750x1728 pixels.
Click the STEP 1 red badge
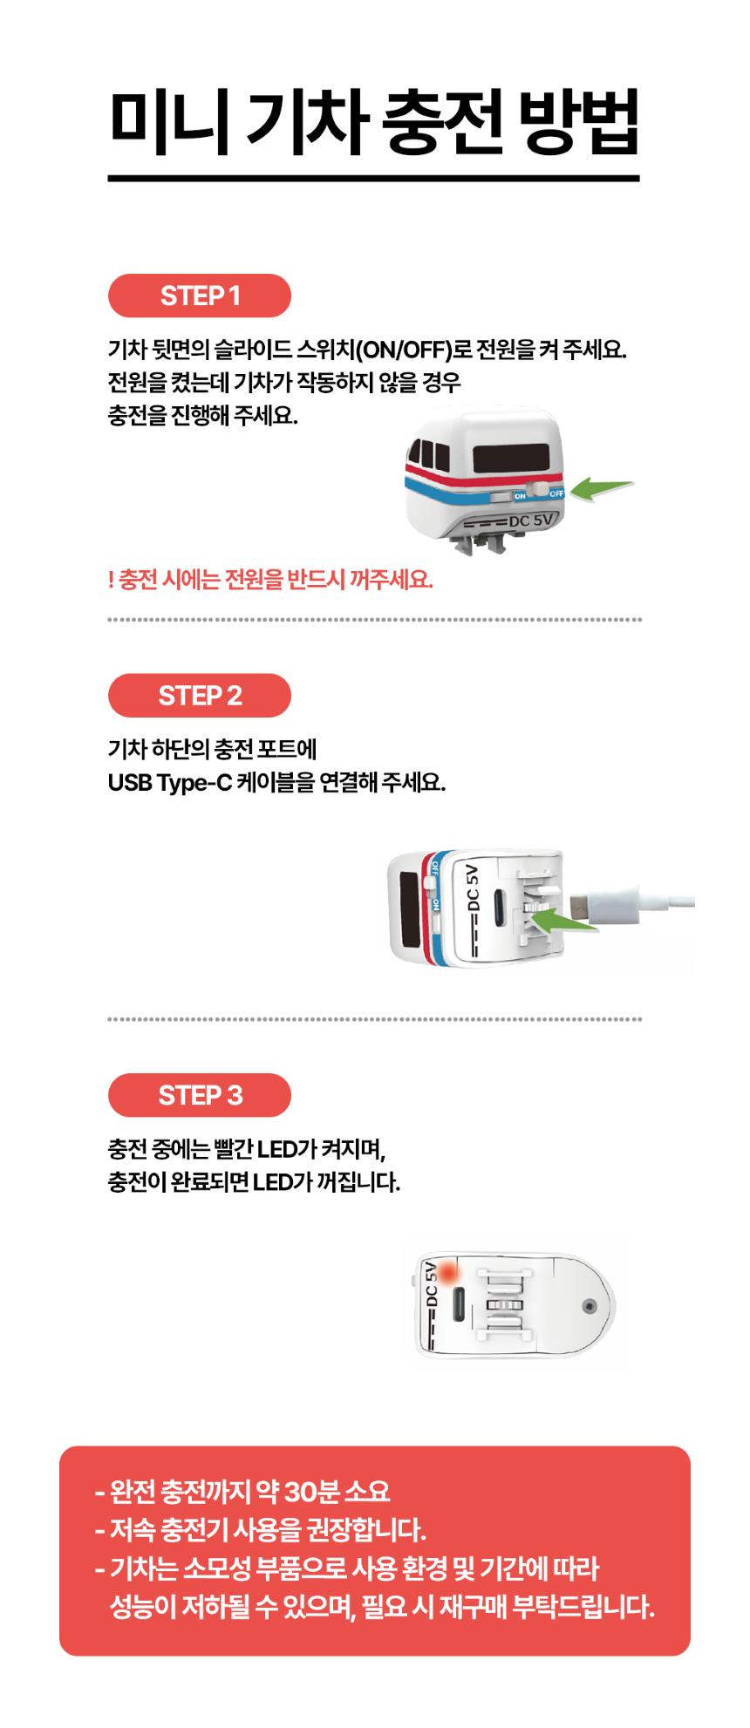tap(200, 296)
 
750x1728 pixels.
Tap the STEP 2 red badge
tap(200, 696)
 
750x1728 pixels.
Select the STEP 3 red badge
tap(200, 1095)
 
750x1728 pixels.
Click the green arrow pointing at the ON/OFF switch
tap(602, 488)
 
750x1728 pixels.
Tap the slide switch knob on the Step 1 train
tap(539, 492)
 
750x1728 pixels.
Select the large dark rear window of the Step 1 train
tap(511, 459)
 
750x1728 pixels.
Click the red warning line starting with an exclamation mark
tap(270, 580)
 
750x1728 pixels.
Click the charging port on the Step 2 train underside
tap(497, 904)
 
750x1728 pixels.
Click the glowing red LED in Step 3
tap(449, 1274)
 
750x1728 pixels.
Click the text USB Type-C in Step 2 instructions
tap(170, 783)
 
